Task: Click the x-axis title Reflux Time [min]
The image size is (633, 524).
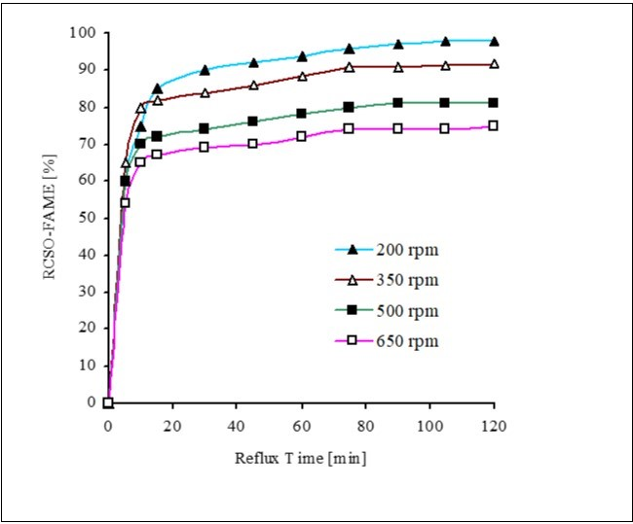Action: tap(301, 456)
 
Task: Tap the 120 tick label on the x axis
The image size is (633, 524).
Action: tap(494, 424)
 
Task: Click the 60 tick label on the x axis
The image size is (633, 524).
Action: tap(301, 424)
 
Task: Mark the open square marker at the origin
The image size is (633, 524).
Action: tap(108, 402)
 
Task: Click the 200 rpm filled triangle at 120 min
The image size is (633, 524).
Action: tap(494, 41)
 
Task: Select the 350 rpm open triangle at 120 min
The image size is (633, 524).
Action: tap(494, 64)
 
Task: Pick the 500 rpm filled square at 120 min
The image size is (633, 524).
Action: tap(494, 102)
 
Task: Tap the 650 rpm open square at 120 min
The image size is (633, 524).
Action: tap(494, 125)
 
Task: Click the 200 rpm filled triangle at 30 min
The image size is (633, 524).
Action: tap(205, 70)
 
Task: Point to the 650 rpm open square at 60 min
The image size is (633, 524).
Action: tap(301, 136)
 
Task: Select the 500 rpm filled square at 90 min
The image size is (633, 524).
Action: tap(397, 102)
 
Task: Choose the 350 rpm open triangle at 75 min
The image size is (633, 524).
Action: tap(349, 67)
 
